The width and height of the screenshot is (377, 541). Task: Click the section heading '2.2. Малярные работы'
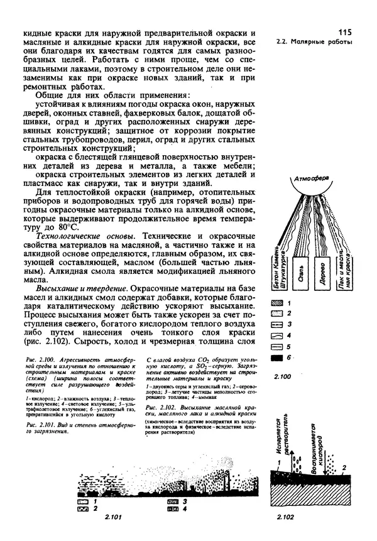pyautogui.click(x=314, y=43)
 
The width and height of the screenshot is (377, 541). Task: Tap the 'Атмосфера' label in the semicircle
pyautogui.click(x=317, y=187)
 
